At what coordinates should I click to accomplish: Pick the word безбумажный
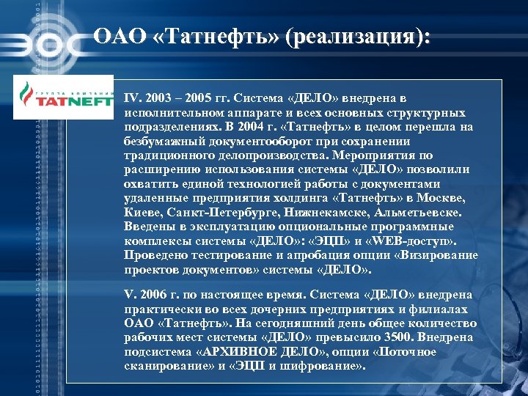[161, 141]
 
